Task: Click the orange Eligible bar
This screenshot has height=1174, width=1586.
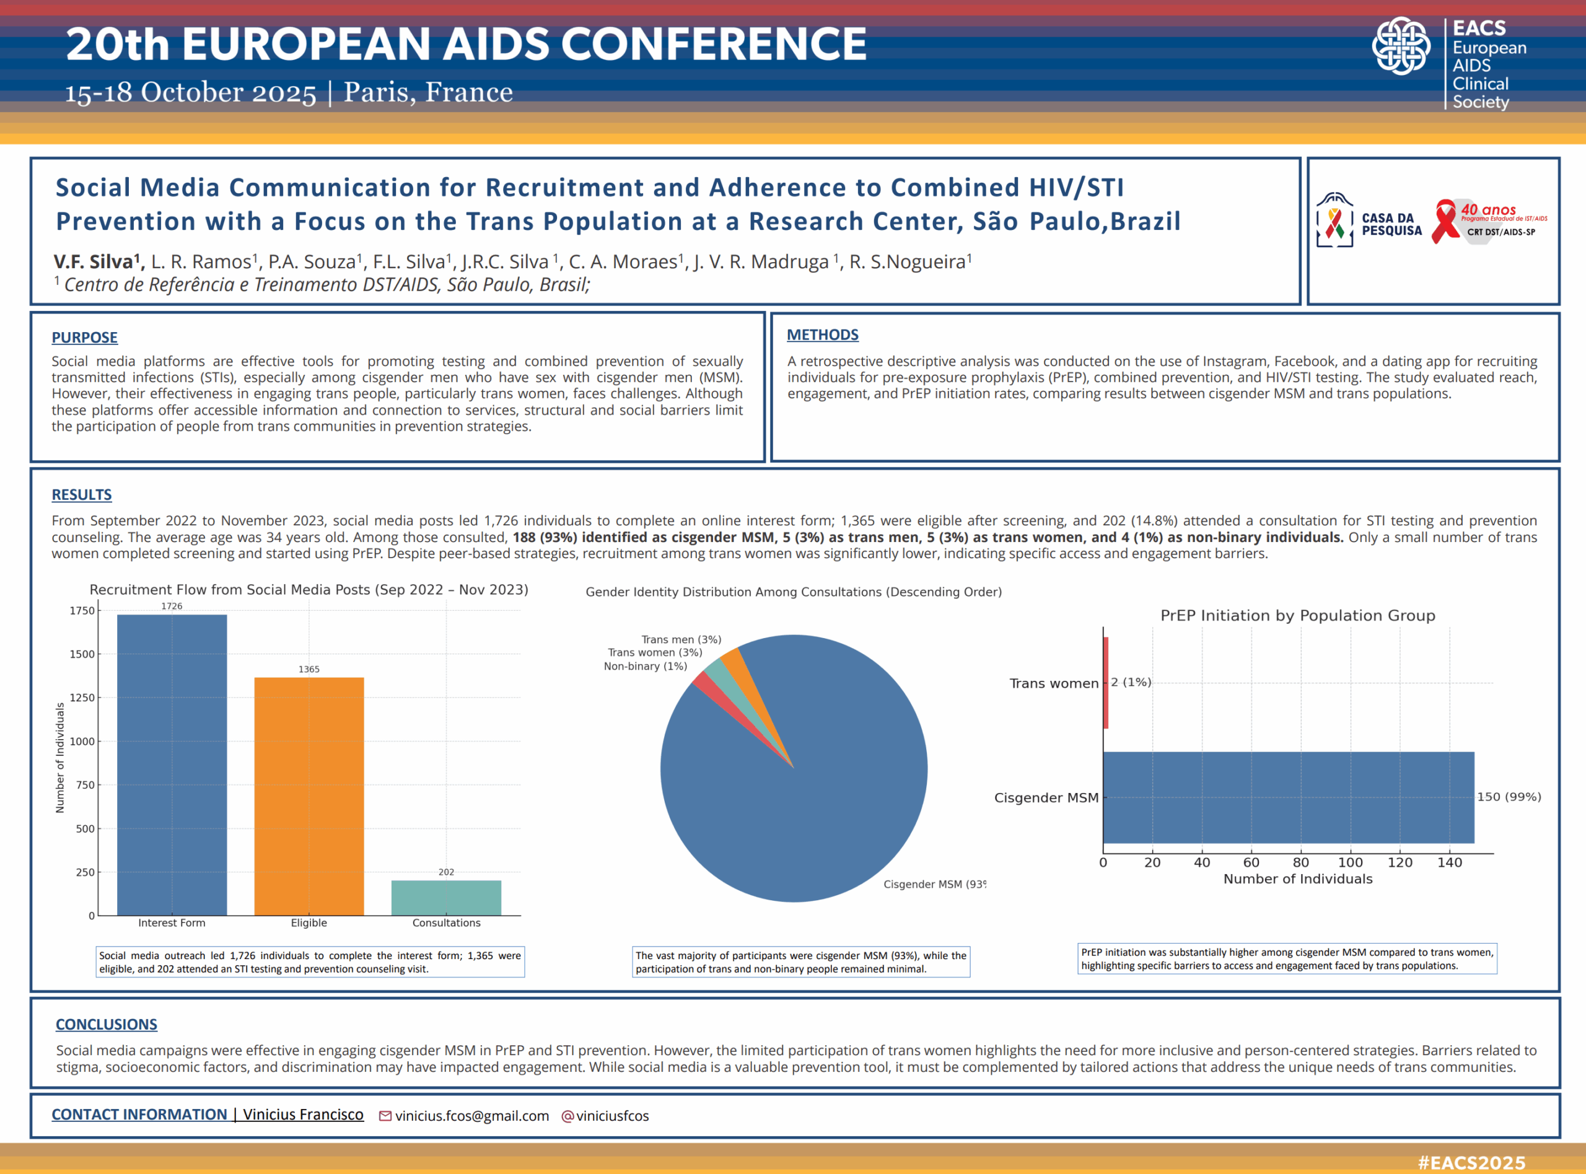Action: coord(309,796)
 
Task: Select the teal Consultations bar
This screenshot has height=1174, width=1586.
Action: coord(446,898)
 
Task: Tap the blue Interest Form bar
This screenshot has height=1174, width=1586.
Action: coord(172,764)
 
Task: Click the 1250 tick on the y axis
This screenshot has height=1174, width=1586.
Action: coord(82,698)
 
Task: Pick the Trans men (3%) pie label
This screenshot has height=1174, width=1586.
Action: coord(681,639)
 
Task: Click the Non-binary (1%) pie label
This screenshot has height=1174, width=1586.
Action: coord(645,666)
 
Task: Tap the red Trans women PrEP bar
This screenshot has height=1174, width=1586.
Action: coord(1106,682)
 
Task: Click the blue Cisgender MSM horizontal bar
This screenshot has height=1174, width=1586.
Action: coord(1287,797)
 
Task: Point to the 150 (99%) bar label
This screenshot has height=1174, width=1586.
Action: coord(1509,797)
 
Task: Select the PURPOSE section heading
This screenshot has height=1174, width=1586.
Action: coord(84,338)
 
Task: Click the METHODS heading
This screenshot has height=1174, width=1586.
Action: coord(822,335)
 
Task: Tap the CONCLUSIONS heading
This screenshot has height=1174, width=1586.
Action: coord(107,1024)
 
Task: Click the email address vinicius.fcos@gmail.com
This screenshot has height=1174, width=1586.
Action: coord(472,1116)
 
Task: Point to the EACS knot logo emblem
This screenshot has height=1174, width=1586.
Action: coord(1401,46)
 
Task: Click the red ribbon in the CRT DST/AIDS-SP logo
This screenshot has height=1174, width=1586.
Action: coord(1445,222)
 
